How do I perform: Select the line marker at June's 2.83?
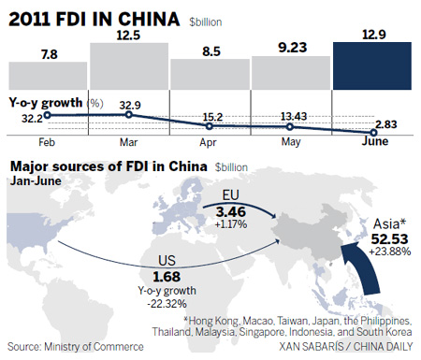364,134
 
